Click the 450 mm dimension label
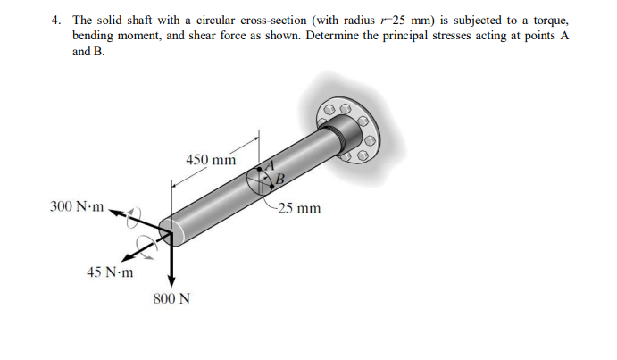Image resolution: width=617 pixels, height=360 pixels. [211, 160]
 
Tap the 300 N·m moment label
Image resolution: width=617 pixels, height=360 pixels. [77, 207]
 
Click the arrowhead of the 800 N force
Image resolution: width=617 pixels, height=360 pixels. [171, 280]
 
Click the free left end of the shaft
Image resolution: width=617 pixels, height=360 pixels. [171, 230]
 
